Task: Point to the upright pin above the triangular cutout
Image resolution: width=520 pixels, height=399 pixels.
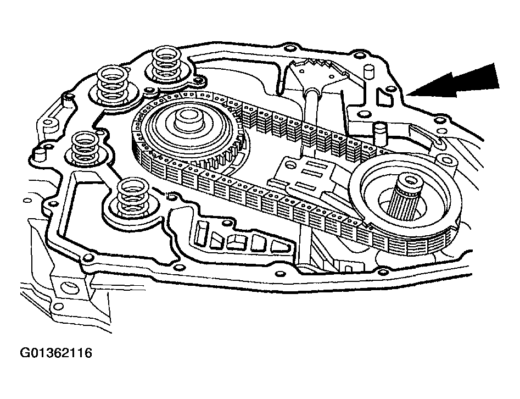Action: click(368, 72)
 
